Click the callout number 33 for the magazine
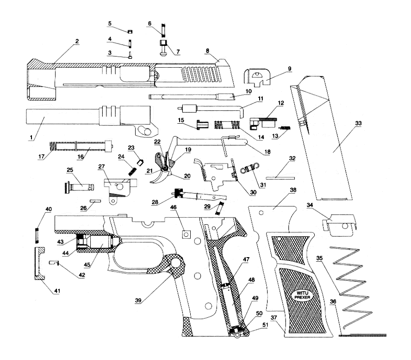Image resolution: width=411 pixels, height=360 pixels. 359,124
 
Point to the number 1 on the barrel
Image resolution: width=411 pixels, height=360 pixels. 32,138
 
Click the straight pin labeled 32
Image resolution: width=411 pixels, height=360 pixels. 280,177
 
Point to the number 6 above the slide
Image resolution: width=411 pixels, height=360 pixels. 149,23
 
